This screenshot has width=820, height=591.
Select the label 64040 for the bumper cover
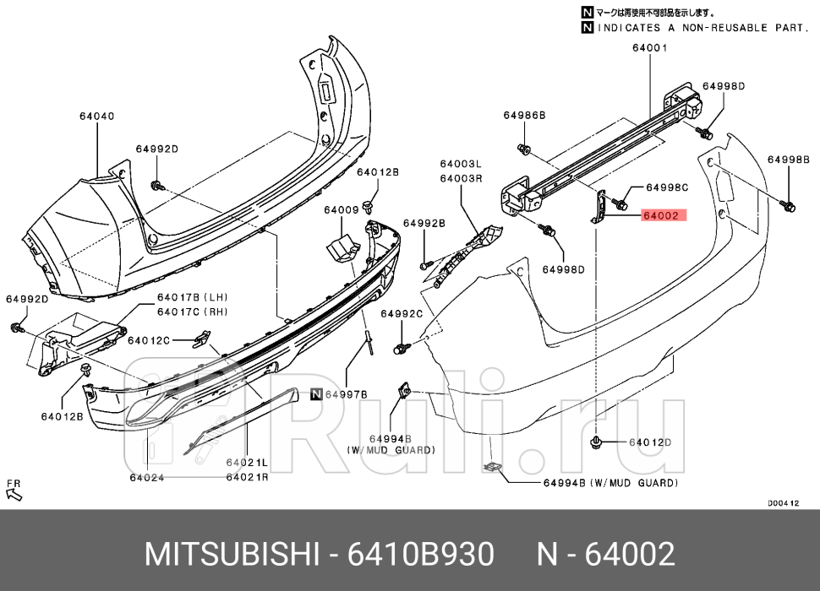(x=96, y=116)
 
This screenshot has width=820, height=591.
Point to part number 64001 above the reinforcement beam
(x=648, y=48)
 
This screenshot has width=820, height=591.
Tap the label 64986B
(x=524, y=115)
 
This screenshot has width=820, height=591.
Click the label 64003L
(x=460, y=165)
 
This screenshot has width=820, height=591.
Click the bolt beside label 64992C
(x=399, y=347)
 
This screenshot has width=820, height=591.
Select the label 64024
(x=146, y=478)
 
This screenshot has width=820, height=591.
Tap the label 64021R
(x=247, y=477)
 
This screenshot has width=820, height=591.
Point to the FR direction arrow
(x=14, y=490)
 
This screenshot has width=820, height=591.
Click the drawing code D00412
(x=783, y=503)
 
